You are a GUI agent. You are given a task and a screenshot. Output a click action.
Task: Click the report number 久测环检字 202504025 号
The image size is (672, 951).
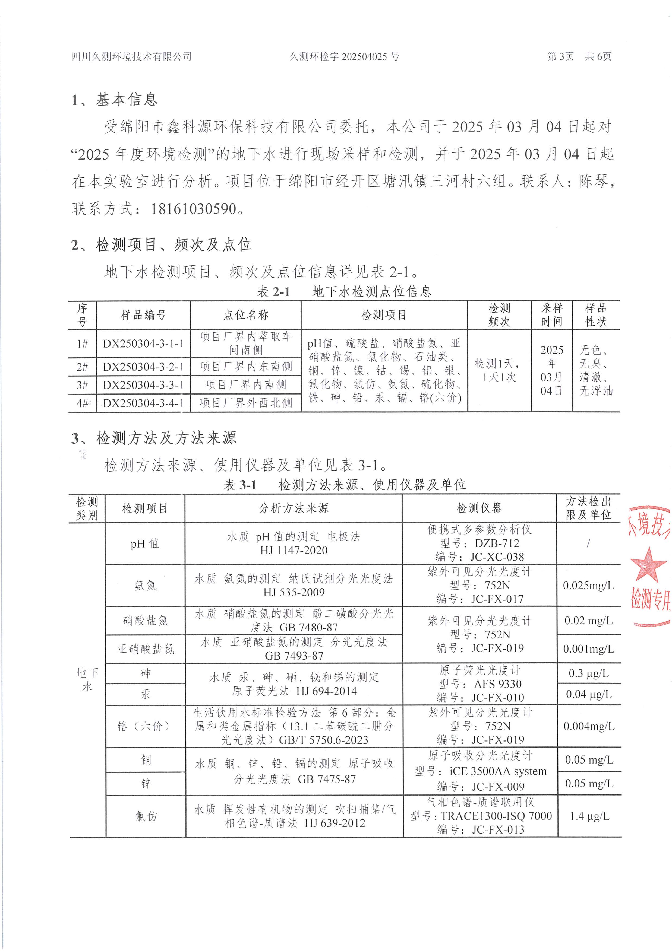344,56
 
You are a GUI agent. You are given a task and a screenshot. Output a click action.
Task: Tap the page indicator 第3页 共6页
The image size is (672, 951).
579,56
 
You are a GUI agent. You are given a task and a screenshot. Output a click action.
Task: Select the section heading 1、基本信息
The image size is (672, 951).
114,99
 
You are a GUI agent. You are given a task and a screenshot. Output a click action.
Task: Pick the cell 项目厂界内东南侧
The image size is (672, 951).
246,367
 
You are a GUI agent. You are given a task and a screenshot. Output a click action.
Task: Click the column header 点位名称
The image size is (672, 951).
246,315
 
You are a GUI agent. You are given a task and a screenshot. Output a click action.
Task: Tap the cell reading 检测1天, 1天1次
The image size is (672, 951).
499,370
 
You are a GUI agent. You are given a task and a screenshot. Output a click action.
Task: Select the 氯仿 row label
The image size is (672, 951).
146,816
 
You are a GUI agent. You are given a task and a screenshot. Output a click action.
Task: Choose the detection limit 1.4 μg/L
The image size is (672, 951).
589,816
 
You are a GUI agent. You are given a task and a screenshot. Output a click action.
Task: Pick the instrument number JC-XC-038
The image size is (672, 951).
497,557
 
